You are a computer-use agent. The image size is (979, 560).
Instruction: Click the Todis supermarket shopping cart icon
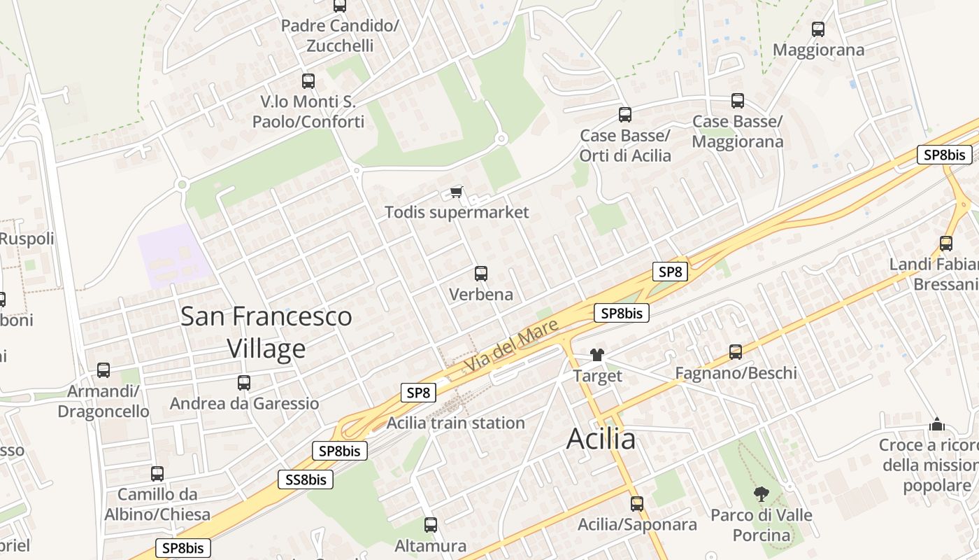pos(457,191)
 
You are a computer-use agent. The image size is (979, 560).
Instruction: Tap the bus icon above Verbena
pos(480,274)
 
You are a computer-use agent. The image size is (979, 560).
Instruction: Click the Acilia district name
pos(601,440)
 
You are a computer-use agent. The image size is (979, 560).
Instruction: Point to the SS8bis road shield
pos(306,479)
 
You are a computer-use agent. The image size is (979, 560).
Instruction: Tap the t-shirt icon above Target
pos(596,355)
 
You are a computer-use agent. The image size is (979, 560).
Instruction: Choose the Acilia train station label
pos(455,423)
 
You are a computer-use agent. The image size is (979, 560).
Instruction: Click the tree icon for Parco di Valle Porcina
pos(761,494)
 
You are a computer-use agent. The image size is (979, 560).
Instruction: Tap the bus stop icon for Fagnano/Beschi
pos(735,352)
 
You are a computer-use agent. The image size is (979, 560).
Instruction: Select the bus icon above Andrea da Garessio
pos(243,383)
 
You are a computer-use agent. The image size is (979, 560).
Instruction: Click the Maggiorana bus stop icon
pos(817,29)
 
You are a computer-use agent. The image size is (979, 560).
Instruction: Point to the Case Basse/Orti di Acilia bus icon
pos(624,115)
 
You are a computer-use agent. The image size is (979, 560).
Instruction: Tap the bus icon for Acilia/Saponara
pos(636,503)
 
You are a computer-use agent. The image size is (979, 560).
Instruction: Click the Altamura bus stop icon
pos(430,524)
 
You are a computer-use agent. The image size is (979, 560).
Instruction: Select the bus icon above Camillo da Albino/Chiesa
pos(157,474)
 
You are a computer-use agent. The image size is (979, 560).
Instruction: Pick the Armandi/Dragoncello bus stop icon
pos(103,370)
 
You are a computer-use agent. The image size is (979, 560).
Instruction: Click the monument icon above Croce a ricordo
pos(936,424)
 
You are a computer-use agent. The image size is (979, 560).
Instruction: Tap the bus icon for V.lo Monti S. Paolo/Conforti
pos(308,81)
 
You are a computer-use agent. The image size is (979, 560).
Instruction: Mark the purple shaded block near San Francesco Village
pos(173,255)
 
